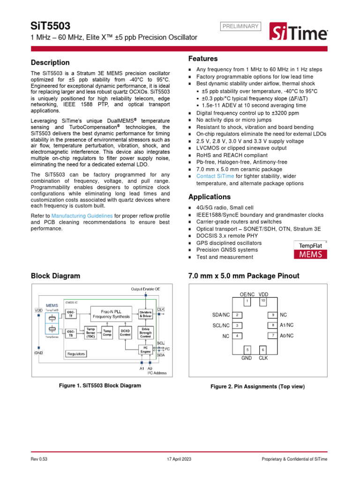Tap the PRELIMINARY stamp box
pyautogui.click(x=240, y=26)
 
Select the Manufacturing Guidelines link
pyautogui.click(x=82, y=216)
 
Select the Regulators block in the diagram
pyautogui.click(x=76, y=354)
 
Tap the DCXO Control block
pyautogui.click(x=125, y=333)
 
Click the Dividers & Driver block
pyautogui.click(x=146, y=314)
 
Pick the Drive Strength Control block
pyautogui.click(x=146, y=333)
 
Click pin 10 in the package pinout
pyautogui.click(x=263, y=300)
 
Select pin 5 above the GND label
pyautogui.click(x=247, y=350)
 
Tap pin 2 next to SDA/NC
pyautogui.click(x=238, y=315)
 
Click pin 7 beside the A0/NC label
pyautogui.click(x=272, y=336)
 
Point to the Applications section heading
pyautogui.click(x=209, y=197)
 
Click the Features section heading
pyautogui.click(x=203, y=59)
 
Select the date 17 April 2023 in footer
pyautogui.click(x=180, y=459)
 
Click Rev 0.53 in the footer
pyautogui.click(x=40, y=459)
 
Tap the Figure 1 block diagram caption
pyautogui.click(x=99, y=385)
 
